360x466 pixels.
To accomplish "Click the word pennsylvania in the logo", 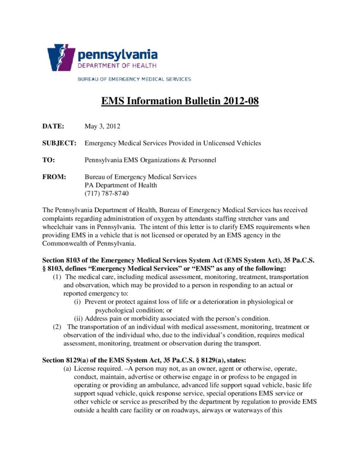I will coord(117,56).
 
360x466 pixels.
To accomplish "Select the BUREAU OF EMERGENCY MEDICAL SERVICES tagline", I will coord(134,79).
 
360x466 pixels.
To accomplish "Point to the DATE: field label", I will coord(53,126).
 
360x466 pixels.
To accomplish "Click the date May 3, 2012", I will coord(102,126).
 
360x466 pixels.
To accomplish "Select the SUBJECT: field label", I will coord(59,143).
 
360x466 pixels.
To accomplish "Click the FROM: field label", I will coord(54,177).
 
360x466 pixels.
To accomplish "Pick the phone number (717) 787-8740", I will coord(107,193).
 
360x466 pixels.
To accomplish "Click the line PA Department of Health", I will coord(121,185).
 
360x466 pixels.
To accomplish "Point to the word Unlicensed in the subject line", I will coord(218,143).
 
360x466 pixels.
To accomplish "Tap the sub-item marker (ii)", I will coord(78,318).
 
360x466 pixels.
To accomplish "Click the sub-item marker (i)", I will coord(78,302).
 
